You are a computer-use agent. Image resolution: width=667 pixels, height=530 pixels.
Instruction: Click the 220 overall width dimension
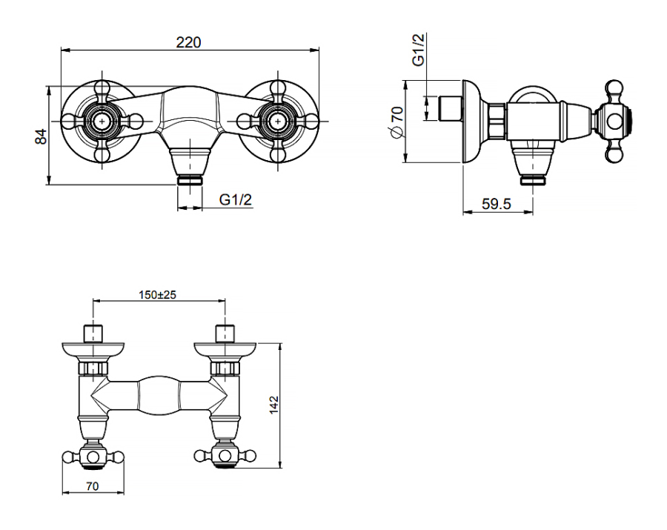tap(188, 42)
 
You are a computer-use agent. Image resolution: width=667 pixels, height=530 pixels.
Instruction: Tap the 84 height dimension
tap(41, 136)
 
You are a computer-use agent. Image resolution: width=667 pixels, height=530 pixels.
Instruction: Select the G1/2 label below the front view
tap(236, 199)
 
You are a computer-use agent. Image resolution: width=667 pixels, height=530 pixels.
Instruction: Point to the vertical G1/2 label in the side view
tap(419, 50)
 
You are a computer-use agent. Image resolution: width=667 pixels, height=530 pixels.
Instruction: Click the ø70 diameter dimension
tap(397, 122)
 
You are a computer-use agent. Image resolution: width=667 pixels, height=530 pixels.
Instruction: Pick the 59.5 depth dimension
tap(497, 204)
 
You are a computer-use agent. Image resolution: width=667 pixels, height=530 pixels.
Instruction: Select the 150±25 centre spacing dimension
tap(157, 294)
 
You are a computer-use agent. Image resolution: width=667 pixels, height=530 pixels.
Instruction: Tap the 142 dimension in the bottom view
tap(273, 405)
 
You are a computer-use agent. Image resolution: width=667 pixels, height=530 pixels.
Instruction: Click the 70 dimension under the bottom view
tap(93, 486)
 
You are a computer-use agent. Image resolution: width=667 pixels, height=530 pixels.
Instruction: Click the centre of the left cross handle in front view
tap(102, 122)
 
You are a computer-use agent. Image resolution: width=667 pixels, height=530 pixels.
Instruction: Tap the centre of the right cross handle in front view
tap(278, 122)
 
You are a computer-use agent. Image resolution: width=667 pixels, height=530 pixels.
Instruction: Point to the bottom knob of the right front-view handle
tap(278, 153)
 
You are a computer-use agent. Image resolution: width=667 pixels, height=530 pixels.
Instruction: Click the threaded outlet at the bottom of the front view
tap(190, 180)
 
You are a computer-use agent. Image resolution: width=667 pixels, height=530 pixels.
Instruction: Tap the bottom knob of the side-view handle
tap(614, 153)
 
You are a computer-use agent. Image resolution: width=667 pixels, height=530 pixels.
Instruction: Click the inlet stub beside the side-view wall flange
tap(449, 108)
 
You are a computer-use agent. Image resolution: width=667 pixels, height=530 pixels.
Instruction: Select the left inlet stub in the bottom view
tap(93, 334)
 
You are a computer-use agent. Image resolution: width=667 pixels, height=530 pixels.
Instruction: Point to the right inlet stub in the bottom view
tap(225, 334)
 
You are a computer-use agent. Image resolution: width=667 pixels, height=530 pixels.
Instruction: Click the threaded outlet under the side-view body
tap(533, 180)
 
